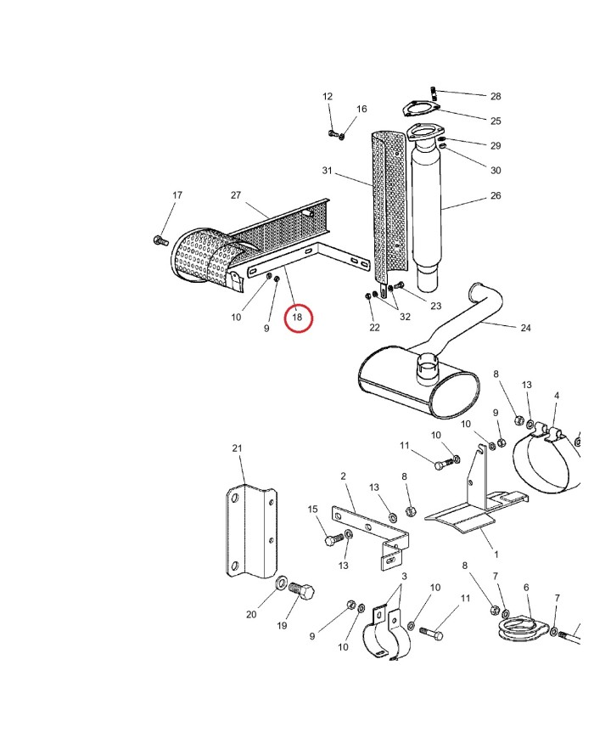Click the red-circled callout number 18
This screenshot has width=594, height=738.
point(297,318)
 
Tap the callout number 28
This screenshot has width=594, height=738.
point(496,97)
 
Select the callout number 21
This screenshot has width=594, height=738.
point(237,448)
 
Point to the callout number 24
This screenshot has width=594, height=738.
point(525,328)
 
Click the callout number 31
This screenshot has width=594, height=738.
point(328,172)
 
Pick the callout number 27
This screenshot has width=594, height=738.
point(236,195)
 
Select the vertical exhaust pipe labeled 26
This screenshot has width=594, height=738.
point(427,204)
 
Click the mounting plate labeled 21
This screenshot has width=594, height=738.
point(252,531)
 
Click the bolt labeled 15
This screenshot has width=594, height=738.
point(334,538)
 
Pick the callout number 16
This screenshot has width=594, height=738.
point(361,110)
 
